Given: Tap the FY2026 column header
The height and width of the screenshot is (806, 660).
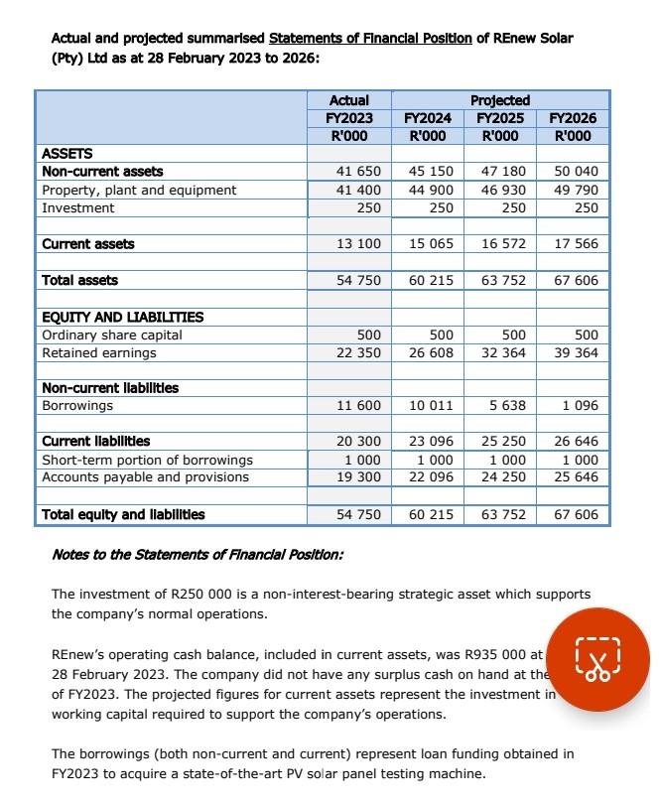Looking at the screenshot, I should tap(575, 118).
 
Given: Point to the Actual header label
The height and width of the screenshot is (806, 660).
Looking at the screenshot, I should tap(348, 100).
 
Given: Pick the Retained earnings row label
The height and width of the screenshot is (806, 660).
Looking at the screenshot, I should tap(99, 353).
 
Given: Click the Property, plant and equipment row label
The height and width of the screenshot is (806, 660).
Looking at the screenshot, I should tap(139, 190).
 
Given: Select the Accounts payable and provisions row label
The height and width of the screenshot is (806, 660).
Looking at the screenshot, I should tap(145, 477).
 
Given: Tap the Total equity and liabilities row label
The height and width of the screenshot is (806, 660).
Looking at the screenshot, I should tap(123, 514).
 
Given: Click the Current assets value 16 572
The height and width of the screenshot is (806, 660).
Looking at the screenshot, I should tap(502, 244).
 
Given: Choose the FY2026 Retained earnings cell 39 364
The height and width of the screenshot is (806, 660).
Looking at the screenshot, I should tap(576, 353).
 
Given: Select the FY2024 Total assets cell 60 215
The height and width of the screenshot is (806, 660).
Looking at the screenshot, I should tap(429, 281).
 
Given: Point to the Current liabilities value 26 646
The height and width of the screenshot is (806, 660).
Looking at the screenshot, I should tap(576, 442).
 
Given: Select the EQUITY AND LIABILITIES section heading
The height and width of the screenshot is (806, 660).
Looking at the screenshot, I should tap(122, 318).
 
